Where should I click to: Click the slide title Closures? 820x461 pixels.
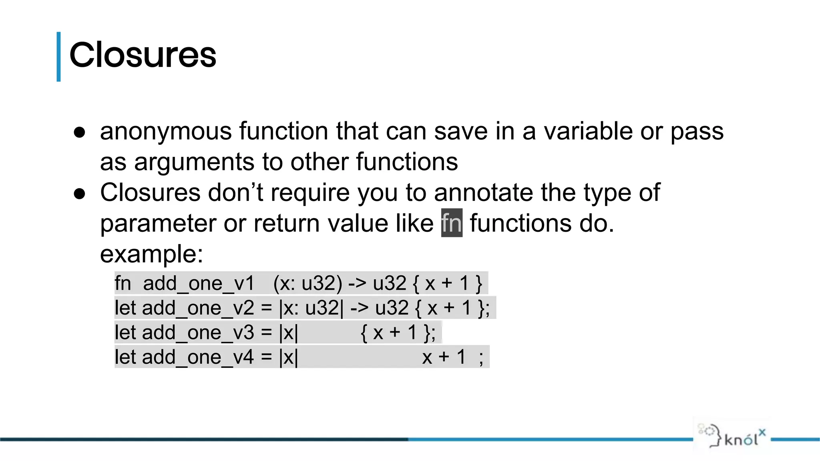point(143,55)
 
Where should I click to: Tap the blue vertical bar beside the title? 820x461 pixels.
point(59,57)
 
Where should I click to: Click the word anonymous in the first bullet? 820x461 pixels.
point(166,131)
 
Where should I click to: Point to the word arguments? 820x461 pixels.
point(194,162)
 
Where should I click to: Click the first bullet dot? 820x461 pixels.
point(80,132)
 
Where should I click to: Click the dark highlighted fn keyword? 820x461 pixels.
point(452,223)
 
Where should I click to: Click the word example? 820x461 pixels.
point(151,254)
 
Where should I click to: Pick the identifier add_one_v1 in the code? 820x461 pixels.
point(199,284)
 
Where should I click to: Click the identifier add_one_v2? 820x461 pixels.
point(198,308)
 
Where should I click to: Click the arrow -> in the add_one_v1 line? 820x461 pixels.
point(357,284)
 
